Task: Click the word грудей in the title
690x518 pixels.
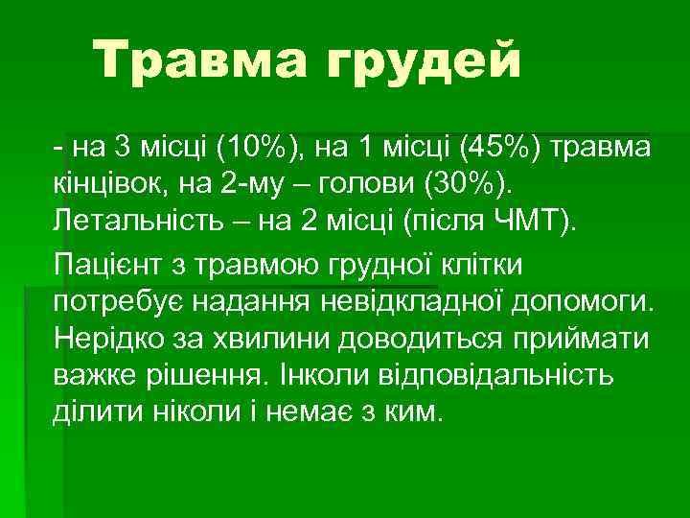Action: [x=426, y=64]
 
